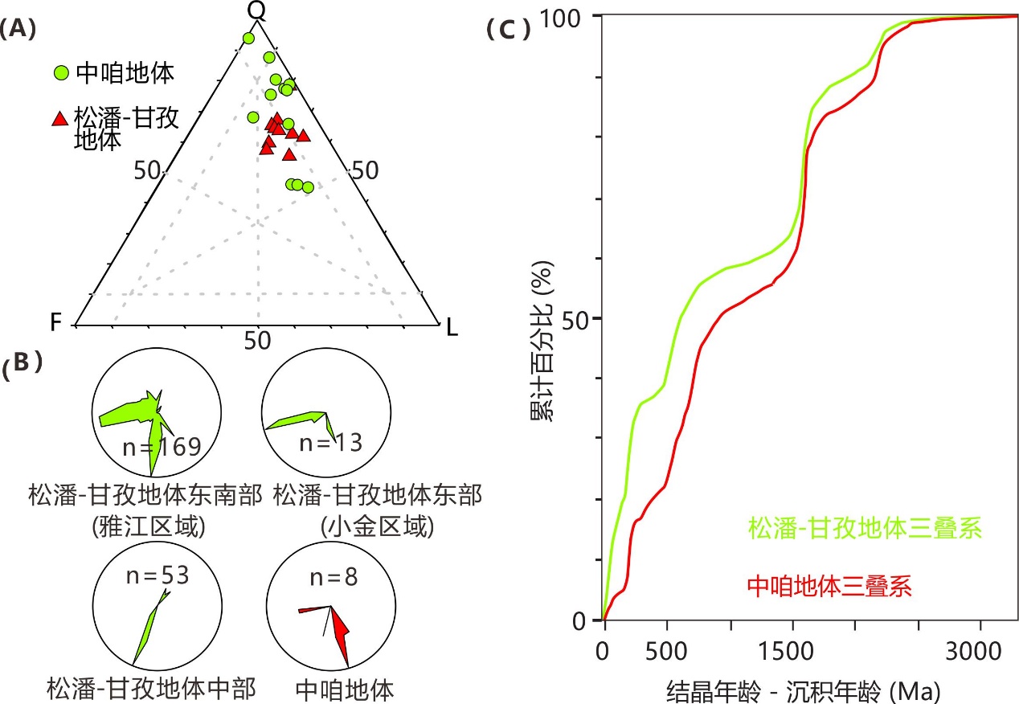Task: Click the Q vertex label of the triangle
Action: pos(256,10)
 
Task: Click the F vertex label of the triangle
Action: pos(55,323)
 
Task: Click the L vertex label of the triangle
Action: pos(452,327)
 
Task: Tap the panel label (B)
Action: pos(23,364)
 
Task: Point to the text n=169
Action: pos(162,447)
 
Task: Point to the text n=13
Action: pos(329,442)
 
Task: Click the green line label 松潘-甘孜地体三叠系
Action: pos(866,529)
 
